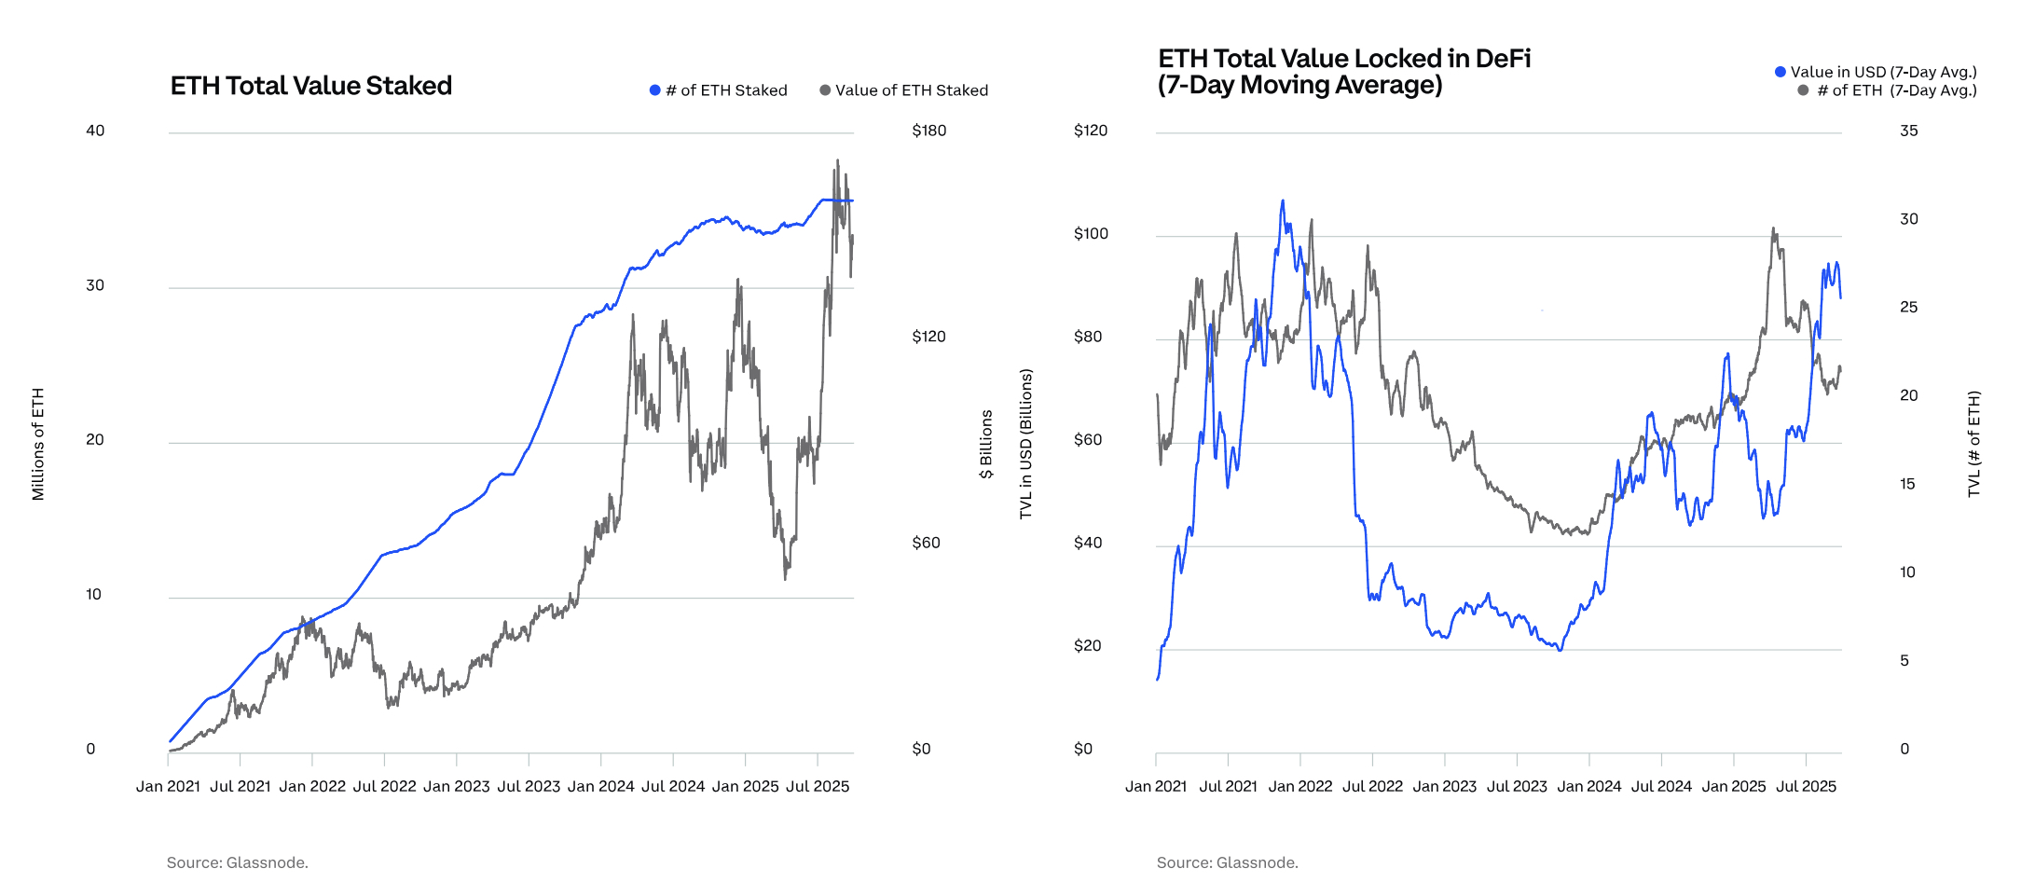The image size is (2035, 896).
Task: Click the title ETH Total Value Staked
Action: pos(310,86)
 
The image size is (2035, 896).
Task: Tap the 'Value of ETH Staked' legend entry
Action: pos(903,90)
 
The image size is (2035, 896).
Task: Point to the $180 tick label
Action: pos(928,131)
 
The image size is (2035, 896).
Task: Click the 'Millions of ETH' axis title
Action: pos(38,444)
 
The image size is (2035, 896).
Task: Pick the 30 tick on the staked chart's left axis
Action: pos(95,285)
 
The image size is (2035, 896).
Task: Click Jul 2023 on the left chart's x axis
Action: pos(529,786)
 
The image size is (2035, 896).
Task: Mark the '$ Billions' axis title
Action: pos(986,444)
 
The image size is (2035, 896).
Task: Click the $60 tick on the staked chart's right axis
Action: pos(926,543)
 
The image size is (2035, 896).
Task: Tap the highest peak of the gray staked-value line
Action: pos(837,160)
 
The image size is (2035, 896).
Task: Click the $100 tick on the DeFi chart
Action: pos(1091,234)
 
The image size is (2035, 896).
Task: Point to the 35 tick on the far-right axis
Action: pos(1908,131)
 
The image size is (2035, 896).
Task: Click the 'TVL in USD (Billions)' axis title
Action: pos(1026,444)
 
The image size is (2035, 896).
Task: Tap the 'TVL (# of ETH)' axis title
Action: pos(1973,444)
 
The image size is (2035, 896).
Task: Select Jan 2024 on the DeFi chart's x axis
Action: pos(1588,786)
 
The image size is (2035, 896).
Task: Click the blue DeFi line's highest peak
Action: pos(1283,200)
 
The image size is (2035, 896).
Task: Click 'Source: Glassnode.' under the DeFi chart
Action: pos(1227,862)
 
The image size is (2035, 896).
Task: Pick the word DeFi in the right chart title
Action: pos(1502,59)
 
